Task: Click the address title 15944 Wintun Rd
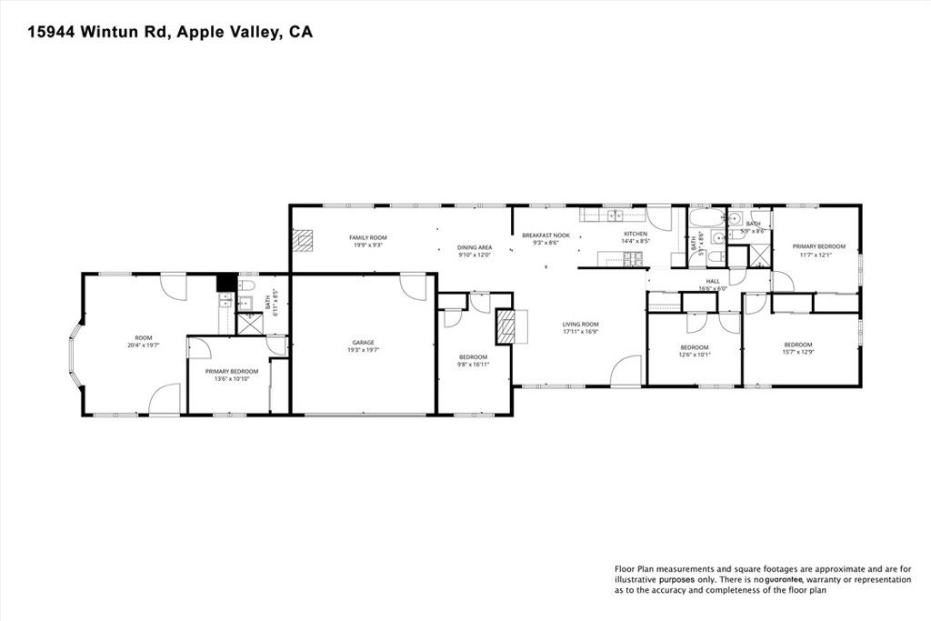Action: pos(171,33)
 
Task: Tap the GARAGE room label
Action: pos(363,343)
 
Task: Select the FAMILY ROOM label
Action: pos(368,237)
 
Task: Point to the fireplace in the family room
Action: pos(304,239)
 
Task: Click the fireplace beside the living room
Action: pos(506,326)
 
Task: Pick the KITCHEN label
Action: pos(635,234)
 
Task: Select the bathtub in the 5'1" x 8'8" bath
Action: pos(706,218)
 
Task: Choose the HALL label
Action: pos(712,281)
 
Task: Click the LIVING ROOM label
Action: pos(579,324)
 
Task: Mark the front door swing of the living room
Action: pos(626,371)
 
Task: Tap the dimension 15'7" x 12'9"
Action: pos(797,352)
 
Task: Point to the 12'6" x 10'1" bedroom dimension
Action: pos(694,355)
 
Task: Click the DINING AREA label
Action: pos(475,247)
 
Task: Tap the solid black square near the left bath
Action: pos(224,283)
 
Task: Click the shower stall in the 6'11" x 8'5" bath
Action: pos(246,322)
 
